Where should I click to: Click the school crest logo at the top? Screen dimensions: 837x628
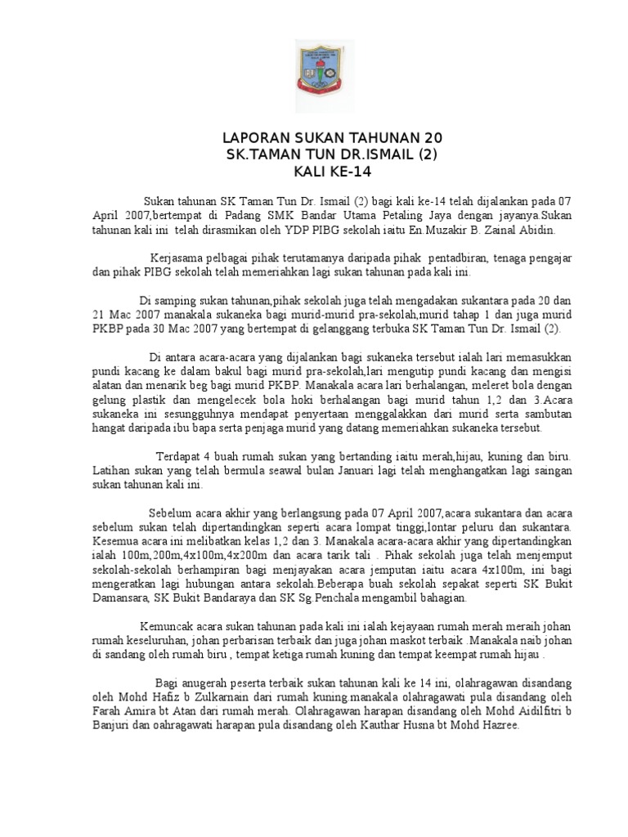pyautogui.click(x=315, y=72)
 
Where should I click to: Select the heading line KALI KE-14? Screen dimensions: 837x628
pyautogui.click(x=315, y=172)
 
